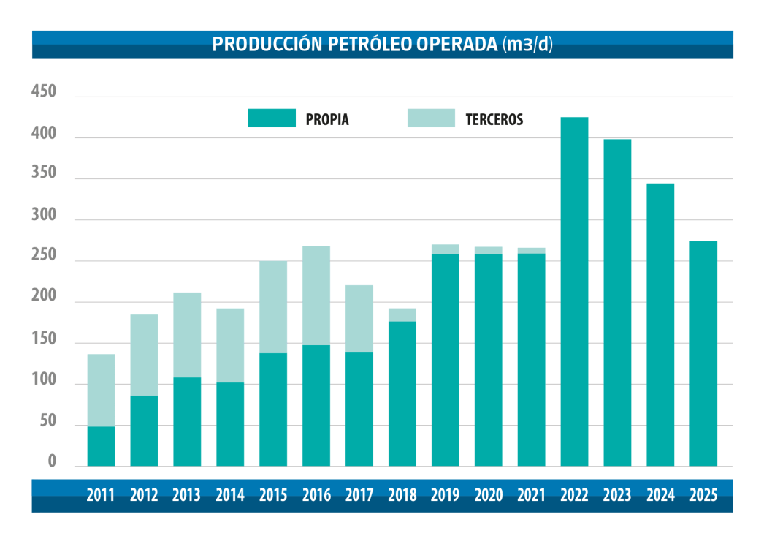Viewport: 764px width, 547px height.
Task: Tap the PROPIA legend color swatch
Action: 272,118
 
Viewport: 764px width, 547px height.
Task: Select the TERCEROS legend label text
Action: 494,120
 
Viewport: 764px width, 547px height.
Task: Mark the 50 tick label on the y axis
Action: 47,421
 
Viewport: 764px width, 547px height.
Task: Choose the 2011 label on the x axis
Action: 101,495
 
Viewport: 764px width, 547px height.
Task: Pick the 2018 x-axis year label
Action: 402,495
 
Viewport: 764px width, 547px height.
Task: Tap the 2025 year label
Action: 703,495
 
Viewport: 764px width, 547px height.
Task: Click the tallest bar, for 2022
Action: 574,293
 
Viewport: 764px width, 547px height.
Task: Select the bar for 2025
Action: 703,354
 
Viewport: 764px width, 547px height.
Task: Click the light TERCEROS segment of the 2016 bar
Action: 316,295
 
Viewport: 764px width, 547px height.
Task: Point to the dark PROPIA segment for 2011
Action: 101,446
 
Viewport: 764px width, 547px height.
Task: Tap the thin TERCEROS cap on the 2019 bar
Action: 446,249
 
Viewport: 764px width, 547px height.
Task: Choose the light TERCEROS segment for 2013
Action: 187,335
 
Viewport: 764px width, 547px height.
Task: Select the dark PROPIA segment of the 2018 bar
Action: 402,393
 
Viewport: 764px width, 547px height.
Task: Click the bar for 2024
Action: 660,325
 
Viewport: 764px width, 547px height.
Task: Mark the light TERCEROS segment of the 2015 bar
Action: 273,307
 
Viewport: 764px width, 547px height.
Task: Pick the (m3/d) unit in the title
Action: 528,44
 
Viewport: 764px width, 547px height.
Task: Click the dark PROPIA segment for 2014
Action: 230,424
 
